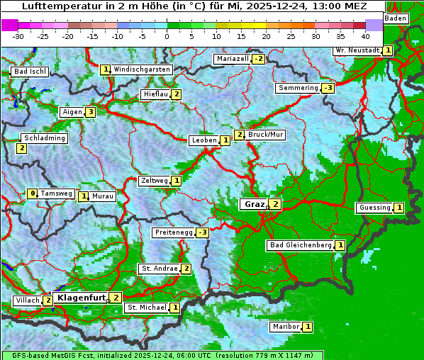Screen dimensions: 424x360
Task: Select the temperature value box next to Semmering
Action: click(x=328, y=88)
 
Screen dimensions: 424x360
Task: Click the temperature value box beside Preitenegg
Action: click(x=203, y=232)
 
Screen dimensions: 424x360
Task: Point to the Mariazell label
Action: click(x=233, y=59)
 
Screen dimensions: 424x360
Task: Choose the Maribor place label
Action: click(x=285, y=327)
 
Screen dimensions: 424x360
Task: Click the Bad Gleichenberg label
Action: click(x=301, y=245)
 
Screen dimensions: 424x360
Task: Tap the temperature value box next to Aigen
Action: click(x=90, y=112)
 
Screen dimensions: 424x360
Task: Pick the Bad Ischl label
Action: click(x=30, y=72)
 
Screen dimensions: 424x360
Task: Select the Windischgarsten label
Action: click(x=142, y=69)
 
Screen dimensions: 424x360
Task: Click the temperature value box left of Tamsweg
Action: click(x=32, y=193)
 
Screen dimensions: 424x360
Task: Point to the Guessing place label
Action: click(x=374, y=208)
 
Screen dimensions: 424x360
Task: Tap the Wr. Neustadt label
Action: click(x=357, y=50)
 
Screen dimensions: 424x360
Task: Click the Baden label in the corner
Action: click(x=396, y=18)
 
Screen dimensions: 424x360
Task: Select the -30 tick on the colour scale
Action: click(x=18, y=35)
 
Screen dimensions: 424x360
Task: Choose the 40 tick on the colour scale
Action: click(x=365, y=35)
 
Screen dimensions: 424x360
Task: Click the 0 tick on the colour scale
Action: click(x=167, y=35)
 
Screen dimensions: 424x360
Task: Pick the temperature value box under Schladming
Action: click(x=21, y=148)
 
